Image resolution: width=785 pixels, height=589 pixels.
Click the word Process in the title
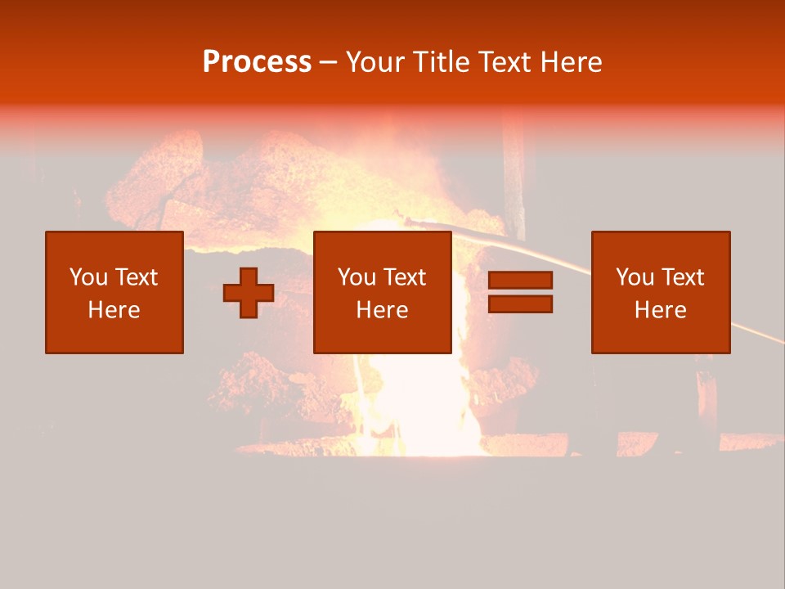click(x=257, y=62)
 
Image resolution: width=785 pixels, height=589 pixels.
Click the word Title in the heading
click(x=442, y=62)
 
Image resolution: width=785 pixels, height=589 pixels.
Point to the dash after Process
click(x=329, y=63)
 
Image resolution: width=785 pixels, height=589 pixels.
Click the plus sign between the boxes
click(x=249, y=292)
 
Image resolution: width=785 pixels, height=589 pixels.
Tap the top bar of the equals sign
click(x=520, y=280)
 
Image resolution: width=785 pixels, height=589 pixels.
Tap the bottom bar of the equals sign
click(x=520, y=303)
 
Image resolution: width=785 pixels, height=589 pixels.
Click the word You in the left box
click(x=88, y=277)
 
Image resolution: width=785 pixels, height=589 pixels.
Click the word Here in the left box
click(x=114, y=310)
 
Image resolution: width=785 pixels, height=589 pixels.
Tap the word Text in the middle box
click(x=404, y=277)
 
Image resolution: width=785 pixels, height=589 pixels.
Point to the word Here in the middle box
click(x=383, y=310)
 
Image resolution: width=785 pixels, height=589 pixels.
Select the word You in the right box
click(x=635, y=277)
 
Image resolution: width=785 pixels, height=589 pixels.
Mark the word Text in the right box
click(x=682, y=277)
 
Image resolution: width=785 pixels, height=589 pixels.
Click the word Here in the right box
click(x=661, y=310)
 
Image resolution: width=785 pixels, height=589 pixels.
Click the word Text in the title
click(x=505, y=62)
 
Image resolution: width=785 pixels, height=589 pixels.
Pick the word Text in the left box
click(x=136, y=277)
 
